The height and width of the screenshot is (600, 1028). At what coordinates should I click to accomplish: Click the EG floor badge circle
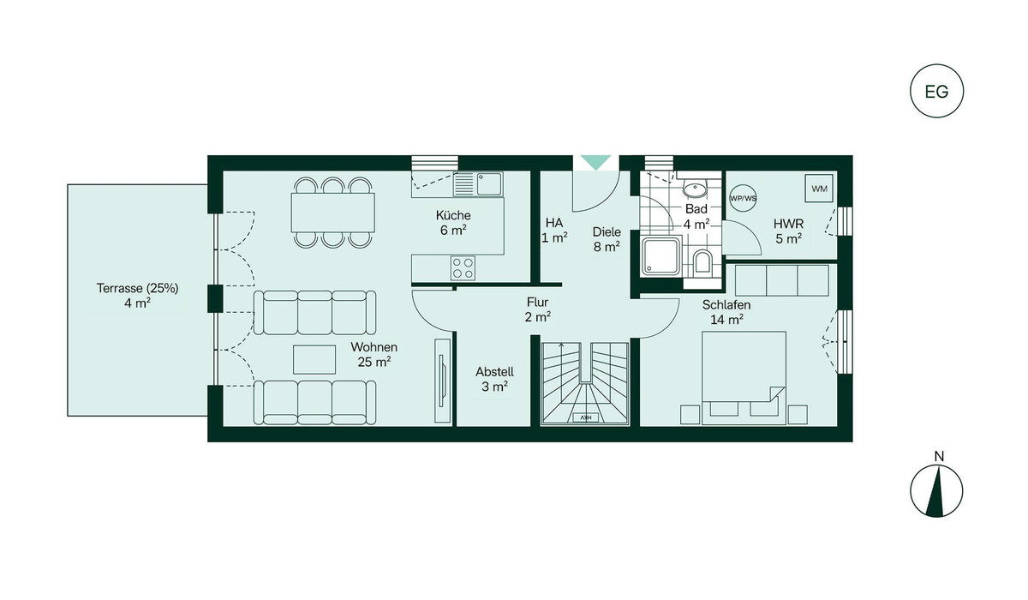(936, 64)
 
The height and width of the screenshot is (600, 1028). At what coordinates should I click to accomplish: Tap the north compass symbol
(936, 491)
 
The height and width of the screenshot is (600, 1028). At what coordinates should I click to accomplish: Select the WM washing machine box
(820, 189)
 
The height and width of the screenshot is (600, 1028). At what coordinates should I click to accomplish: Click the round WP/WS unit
(743, 198)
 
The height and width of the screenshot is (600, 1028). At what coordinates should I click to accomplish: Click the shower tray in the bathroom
(660, 256)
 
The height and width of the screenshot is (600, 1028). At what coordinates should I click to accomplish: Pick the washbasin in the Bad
(696, 188)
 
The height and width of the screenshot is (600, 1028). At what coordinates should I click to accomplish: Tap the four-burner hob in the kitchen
(463, 268)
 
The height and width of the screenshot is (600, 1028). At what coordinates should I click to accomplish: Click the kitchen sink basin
(489, 184)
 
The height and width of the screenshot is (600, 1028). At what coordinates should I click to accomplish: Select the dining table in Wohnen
(332, 213)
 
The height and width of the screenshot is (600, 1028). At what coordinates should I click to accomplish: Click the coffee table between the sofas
(314, 359)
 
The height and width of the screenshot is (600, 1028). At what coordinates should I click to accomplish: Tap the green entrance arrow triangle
(595, 163)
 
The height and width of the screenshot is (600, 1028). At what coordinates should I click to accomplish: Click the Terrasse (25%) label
(137, 288)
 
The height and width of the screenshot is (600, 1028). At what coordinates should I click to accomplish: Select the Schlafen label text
(726, 305)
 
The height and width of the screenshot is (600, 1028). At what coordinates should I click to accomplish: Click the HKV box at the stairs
(586, 417)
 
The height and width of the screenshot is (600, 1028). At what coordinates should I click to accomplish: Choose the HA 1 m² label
(554, 231)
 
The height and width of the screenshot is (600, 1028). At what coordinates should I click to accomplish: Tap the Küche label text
(453, 215)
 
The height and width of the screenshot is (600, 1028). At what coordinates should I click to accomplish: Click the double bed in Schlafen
(744, 378)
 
